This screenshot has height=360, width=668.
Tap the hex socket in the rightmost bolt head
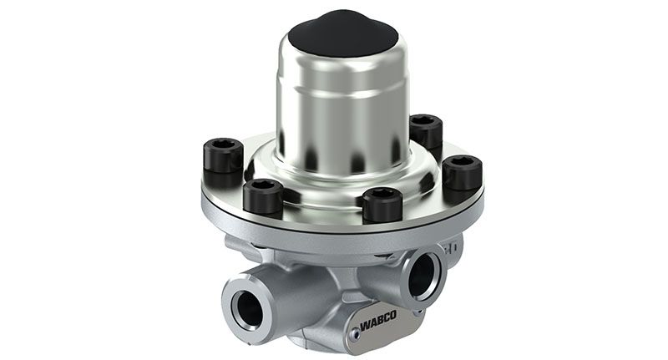pos(463,163)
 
